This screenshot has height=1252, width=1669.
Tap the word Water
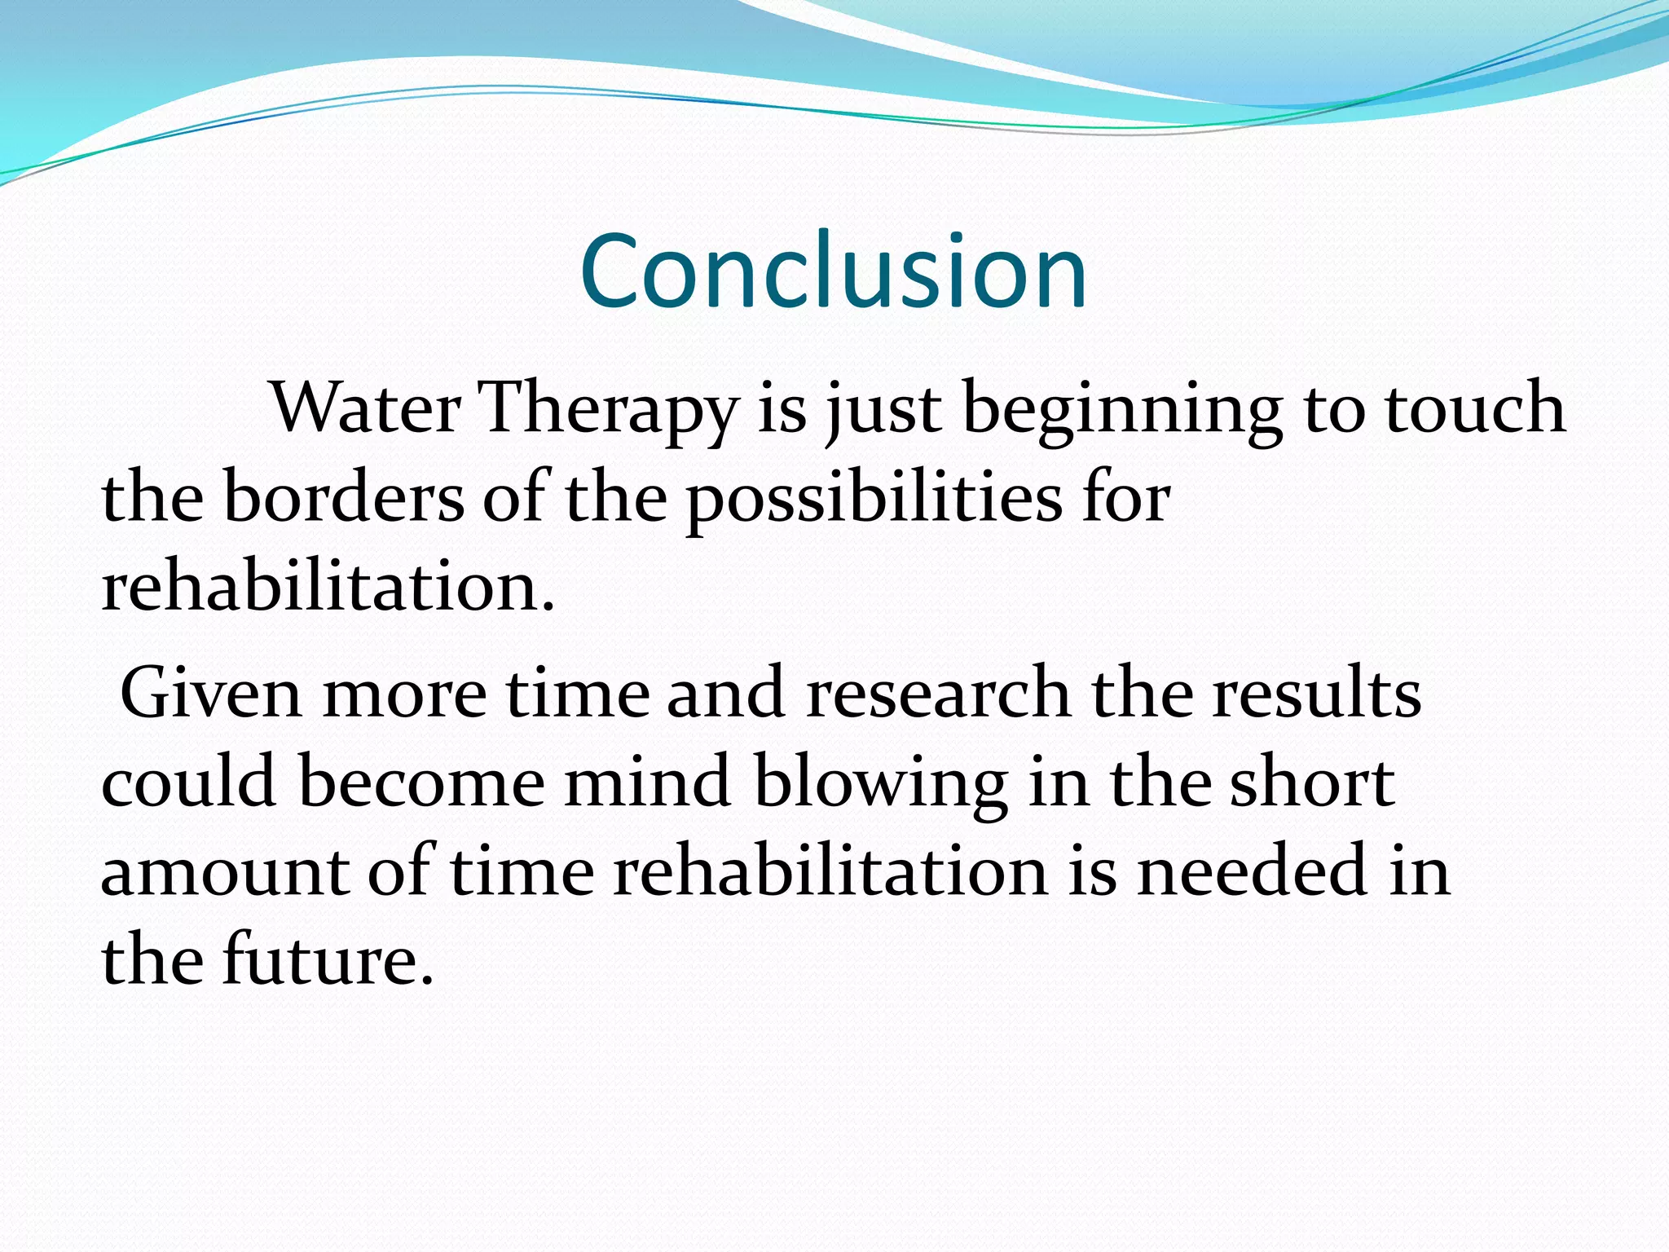(x=366, y=408)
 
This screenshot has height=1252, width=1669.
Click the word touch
(x=1475, y=408)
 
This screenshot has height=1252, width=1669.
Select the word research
(x=938, y=693)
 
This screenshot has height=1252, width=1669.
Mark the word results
(x=1316, y=693)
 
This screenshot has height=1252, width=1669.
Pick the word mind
(x=647, y=782)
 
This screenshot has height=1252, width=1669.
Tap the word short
(x=1312, y=782)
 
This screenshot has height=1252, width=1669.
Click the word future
(x=326, y=960)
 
